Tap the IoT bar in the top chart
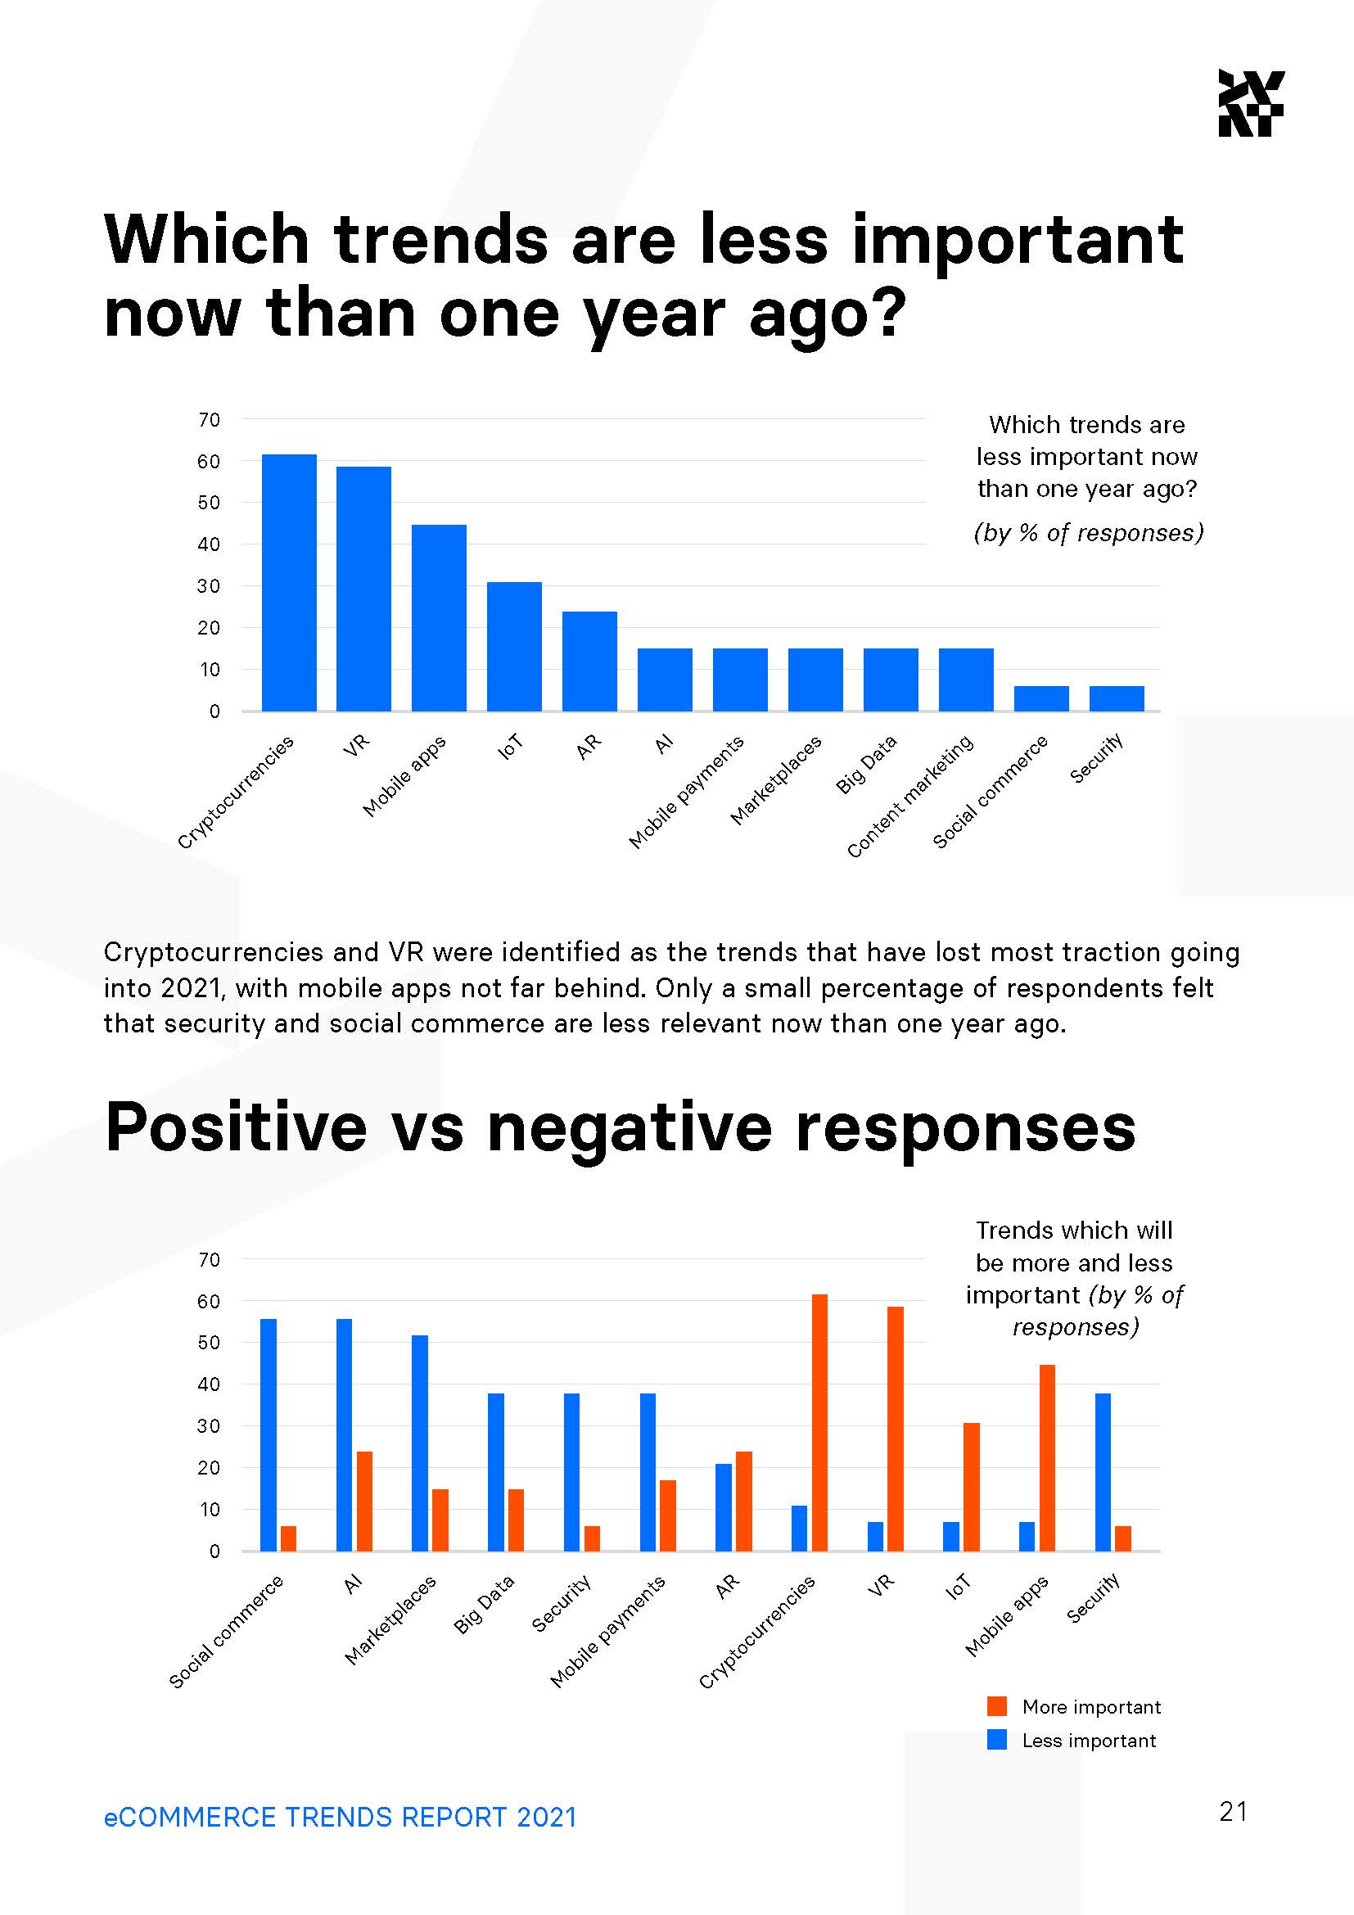click(x=513, y=647)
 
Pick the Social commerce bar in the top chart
click(x=1040, y=698)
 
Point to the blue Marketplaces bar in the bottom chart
click(x=419, y=1443)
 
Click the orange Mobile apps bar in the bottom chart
click(x=1046, y=1457)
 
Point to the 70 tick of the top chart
click(x=210, y=419)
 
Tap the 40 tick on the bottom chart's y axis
click(x=210, y=1384)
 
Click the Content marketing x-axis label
click(x=910, y=796)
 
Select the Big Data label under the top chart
click(x=866, y=764)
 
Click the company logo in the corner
click(x=1251, y=102)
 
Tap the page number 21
click(x=1233, y=1811)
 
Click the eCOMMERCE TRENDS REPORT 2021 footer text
click(x=341, y=1817)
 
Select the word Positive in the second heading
click(x=236, y=1127)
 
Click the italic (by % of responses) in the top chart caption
click(x=1088, y=532)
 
